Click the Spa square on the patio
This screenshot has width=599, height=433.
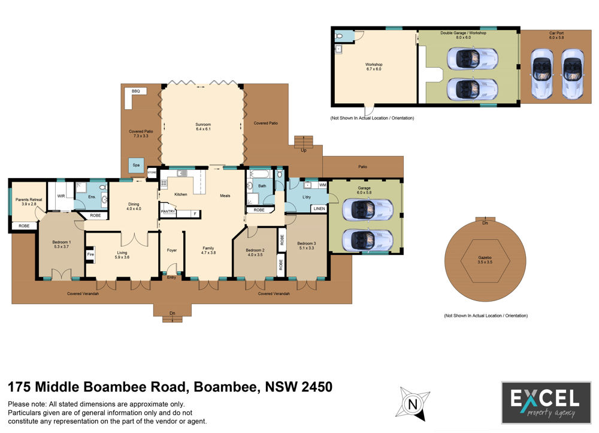136,166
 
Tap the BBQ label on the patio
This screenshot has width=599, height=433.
135,91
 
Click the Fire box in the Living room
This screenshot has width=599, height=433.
90,254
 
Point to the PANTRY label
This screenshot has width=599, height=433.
168,211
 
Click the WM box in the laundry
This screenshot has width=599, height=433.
323,185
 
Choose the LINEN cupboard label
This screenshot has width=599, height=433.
319,209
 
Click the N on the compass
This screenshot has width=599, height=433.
413,404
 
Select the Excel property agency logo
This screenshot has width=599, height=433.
546,402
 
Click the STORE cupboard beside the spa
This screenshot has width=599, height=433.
152,173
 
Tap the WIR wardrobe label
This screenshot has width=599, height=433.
61,196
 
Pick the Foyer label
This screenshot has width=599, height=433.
172,250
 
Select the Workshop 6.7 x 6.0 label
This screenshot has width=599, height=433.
374,67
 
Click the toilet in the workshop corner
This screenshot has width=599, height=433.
339,36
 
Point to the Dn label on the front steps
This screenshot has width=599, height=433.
173,313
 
